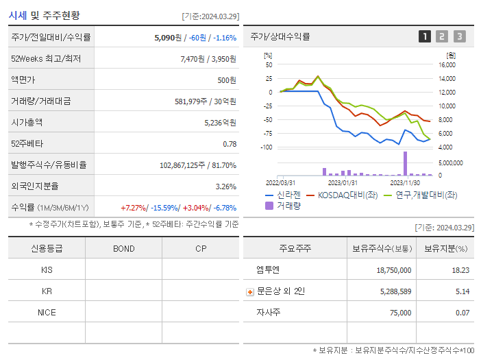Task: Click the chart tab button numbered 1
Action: (425, 36)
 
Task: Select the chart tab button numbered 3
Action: (459, 36)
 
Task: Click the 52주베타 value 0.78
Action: (230, 144)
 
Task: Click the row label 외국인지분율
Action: (35, 186)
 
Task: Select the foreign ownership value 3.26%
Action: (225, 186)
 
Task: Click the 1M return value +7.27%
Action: (133, 207)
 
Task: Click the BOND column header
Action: (123, 248)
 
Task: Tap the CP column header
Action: (201, 248)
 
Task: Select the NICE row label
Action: (47, 312)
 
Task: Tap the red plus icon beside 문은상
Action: (250, 291)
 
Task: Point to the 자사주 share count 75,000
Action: (396, 313)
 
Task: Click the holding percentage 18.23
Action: (460, 270)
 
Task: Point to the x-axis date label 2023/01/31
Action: (343, 183)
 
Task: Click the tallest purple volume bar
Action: (405, 163)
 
